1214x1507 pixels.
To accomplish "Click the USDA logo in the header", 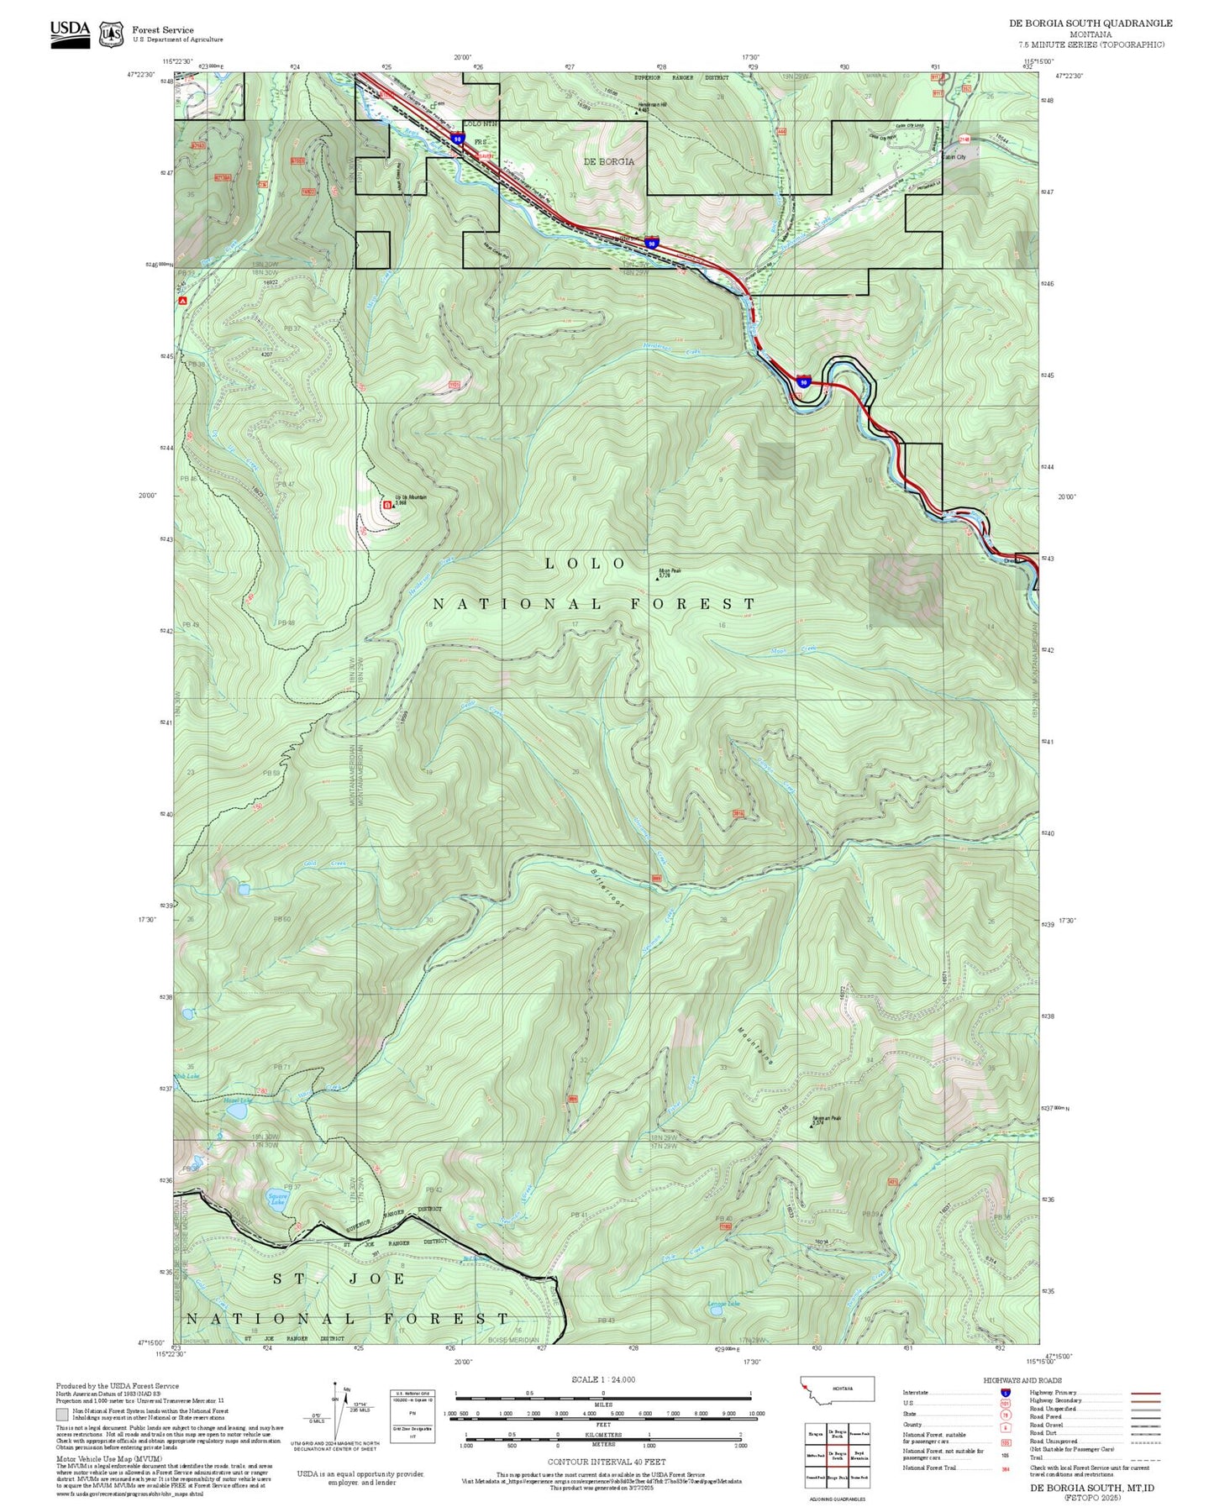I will pyautogui.click(x=70, y=32).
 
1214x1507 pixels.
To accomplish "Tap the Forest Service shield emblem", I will pyautogui.click(x=111, y=34).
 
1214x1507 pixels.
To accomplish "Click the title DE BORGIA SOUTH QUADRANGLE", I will pyautogui.click(x=1090, y=24).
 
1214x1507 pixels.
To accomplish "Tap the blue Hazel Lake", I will pyautogui.click(x=238, y=1111).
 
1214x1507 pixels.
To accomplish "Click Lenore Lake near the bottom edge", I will pyautogui.click(x=716, y=1309).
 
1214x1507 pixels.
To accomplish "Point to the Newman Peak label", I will pyautogui.click(x=826, y=1118).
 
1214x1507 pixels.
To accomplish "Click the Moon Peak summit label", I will pyautogui.click(x=670, y=570).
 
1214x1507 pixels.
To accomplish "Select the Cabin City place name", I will pyautogui.click(x=954, y=157).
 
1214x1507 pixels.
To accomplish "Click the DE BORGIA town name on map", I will pyautogui.click(x=609, y=161).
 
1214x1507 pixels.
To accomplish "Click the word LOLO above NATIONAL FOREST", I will pyautogui.click(x=586, y=563).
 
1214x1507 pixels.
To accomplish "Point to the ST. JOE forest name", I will pyautogui.click(x=340, y=1279).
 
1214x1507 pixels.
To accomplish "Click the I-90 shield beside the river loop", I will pyautogui.click(x=804, y=382).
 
